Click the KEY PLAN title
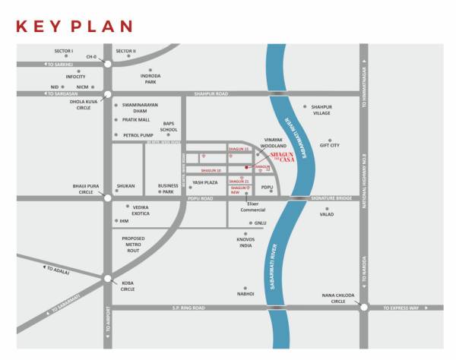point(74,27)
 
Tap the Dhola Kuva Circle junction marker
point(107,94)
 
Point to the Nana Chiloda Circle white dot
point(364,308)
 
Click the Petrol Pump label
point(138,134)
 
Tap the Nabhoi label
point(245,292)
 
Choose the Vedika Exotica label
point(141,210)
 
